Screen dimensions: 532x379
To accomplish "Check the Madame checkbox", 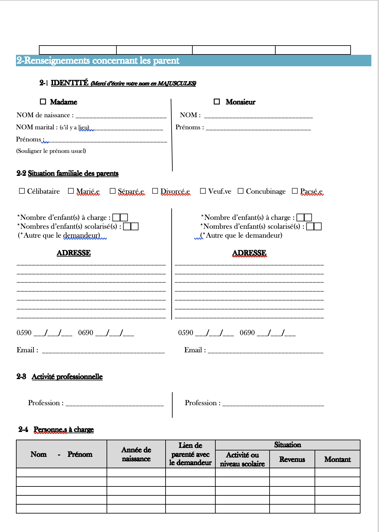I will [x=43, y=102].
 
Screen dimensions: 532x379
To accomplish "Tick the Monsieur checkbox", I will [x=217, y=102].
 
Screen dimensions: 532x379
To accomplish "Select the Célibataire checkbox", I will [x=22, y=191].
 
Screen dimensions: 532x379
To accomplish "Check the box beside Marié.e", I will [x=71, y=191].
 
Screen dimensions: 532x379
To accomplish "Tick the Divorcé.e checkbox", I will [x=155, y=191].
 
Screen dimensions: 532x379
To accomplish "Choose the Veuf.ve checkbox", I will [x=203, y=191].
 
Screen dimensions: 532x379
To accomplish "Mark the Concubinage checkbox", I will [x=241, y=191].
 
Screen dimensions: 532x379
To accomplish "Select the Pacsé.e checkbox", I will [x=295, y=191].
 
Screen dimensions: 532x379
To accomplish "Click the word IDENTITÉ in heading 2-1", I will [x=70, y=83].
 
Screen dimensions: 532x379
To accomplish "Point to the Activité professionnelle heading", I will [x=67, y=377].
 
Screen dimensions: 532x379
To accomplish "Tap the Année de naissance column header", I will [x=136, y=454].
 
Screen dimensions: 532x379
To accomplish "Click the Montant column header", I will [x=337, y=459].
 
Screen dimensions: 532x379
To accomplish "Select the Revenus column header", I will [x=292, y=459].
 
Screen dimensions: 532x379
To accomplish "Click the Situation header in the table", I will [x=287, y=445].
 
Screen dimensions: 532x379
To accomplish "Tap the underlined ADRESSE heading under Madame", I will [x=74, y=253].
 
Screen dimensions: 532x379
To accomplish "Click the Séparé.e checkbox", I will [x=112, y=191].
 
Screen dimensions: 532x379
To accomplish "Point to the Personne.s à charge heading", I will [x=63, y=429].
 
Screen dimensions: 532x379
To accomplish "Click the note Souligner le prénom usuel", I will [x=51, y=151].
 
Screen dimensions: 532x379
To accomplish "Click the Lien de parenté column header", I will [x=190, y=454].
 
